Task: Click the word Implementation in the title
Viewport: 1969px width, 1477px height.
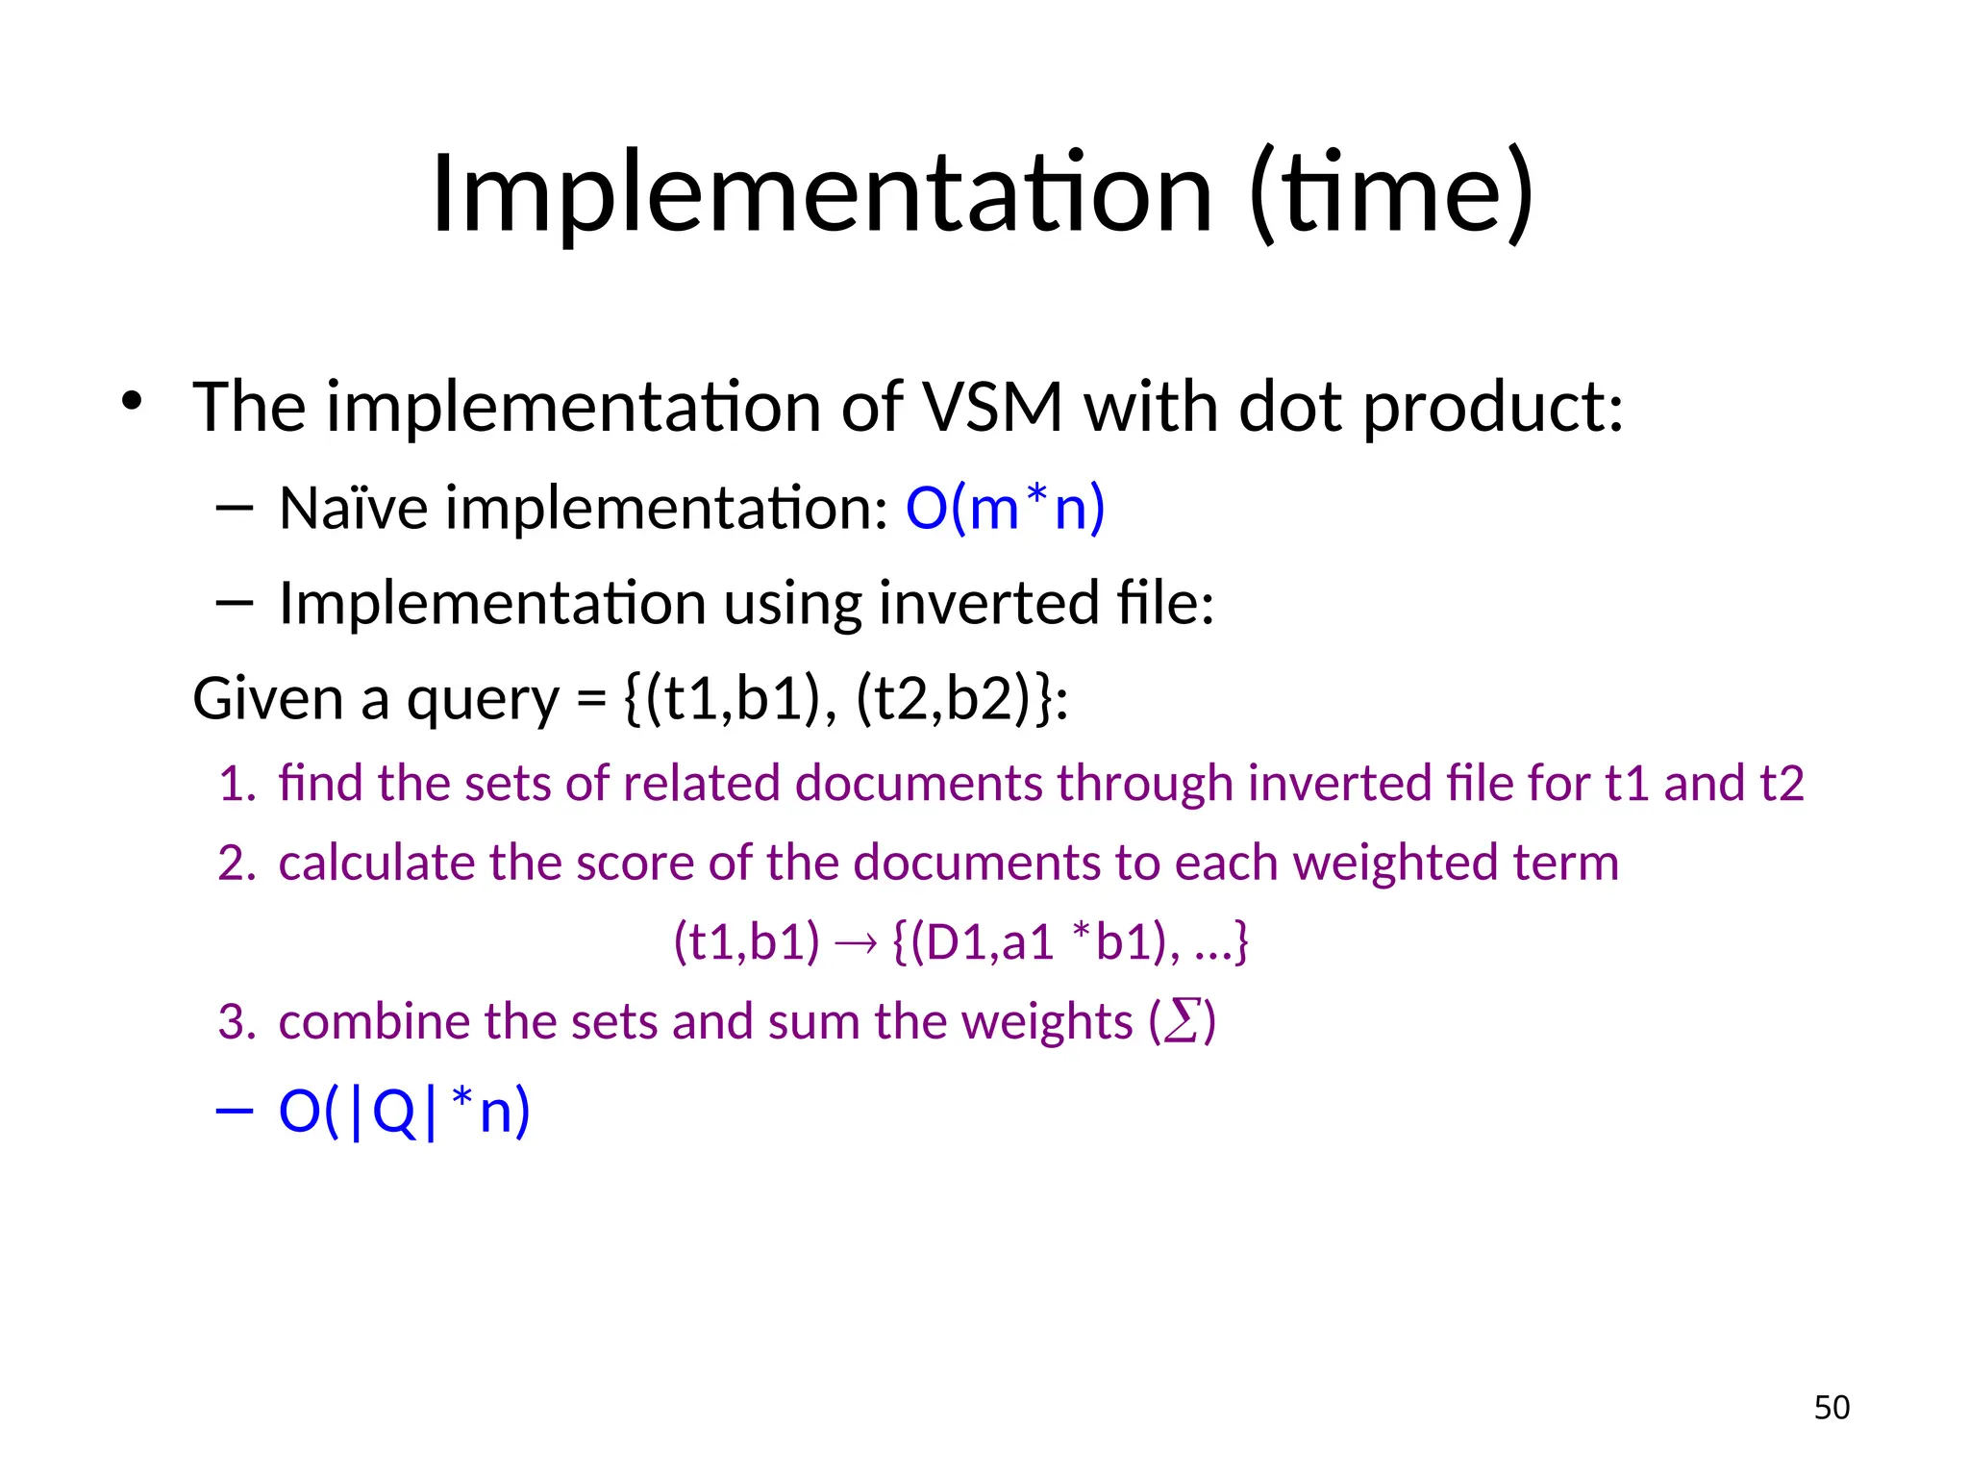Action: coord(822,194)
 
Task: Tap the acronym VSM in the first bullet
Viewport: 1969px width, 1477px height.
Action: coord(992,407)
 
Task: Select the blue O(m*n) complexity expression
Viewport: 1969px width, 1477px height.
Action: coord(1005,508)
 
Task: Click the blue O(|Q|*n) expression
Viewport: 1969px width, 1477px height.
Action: coord(404,1112)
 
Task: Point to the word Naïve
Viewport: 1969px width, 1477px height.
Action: coord(353,508)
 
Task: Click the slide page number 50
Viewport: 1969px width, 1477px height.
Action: coord(1831,1408)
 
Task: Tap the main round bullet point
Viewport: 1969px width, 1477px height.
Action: coord(132,401)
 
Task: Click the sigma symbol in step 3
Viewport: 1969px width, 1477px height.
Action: coord(1182,1021)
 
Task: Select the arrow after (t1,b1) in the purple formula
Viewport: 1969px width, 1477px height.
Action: coord(856,943)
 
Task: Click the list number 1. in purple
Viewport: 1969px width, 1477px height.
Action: coord(237,784)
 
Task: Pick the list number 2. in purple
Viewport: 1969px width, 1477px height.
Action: coord(237,864)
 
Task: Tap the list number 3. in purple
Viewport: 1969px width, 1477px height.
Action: coord(237,1022)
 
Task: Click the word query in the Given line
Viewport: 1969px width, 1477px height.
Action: coord(482,700)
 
